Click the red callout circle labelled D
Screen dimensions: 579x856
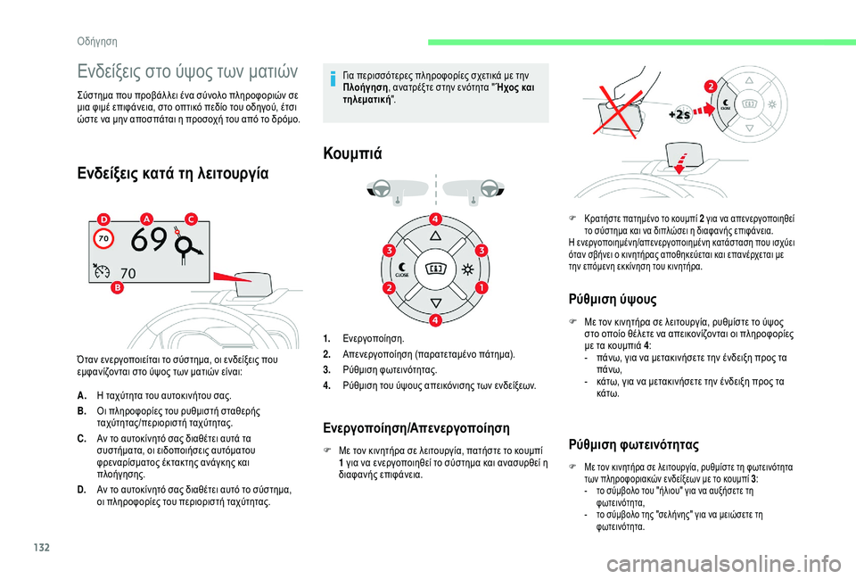click(x=104, y=219)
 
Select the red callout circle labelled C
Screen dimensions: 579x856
click(x=190, y=219)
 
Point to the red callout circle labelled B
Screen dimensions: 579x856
click(x=117, y=287)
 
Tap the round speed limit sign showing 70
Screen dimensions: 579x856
click(x=103, y=240)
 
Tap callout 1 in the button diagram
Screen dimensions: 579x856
click(x=480, y=288)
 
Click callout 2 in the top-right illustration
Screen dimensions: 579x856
click(x=710, y=86)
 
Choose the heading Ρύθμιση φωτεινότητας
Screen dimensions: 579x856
click(x=633, y=443)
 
